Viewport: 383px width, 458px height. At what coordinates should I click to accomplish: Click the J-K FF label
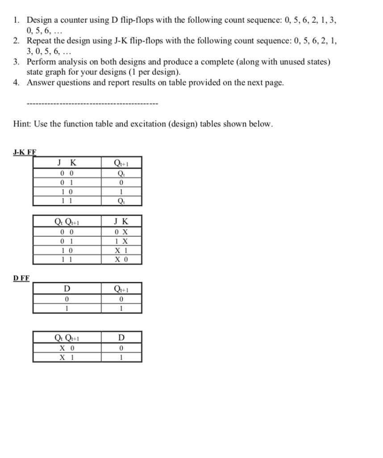pos(24,152)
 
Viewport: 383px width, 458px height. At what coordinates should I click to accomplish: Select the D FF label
pos(21,278)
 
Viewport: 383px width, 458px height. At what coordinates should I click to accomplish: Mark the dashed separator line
pos(92,104)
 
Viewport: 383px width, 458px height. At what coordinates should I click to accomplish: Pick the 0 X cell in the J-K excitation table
pos(121,232)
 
